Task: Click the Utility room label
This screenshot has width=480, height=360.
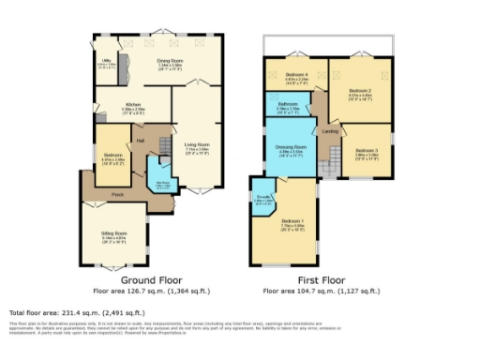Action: click(107, 63)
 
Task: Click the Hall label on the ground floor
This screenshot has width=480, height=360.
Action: click(140, 141)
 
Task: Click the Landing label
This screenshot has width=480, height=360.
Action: click(330, 129)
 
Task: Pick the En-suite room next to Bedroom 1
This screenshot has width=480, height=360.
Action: click(263, 199)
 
